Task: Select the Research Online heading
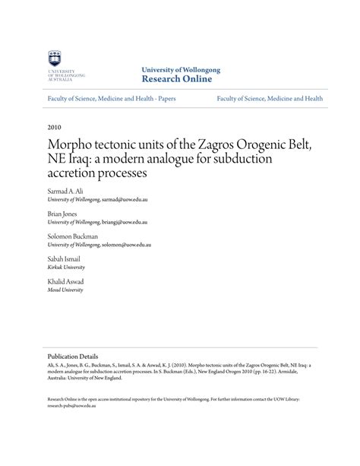pos(176,79)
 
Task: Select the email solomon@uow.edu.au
pos(127,246)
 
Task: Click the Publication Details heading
pos(73,355)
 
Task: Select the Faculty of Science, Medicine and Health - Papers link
pos(112,99)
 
